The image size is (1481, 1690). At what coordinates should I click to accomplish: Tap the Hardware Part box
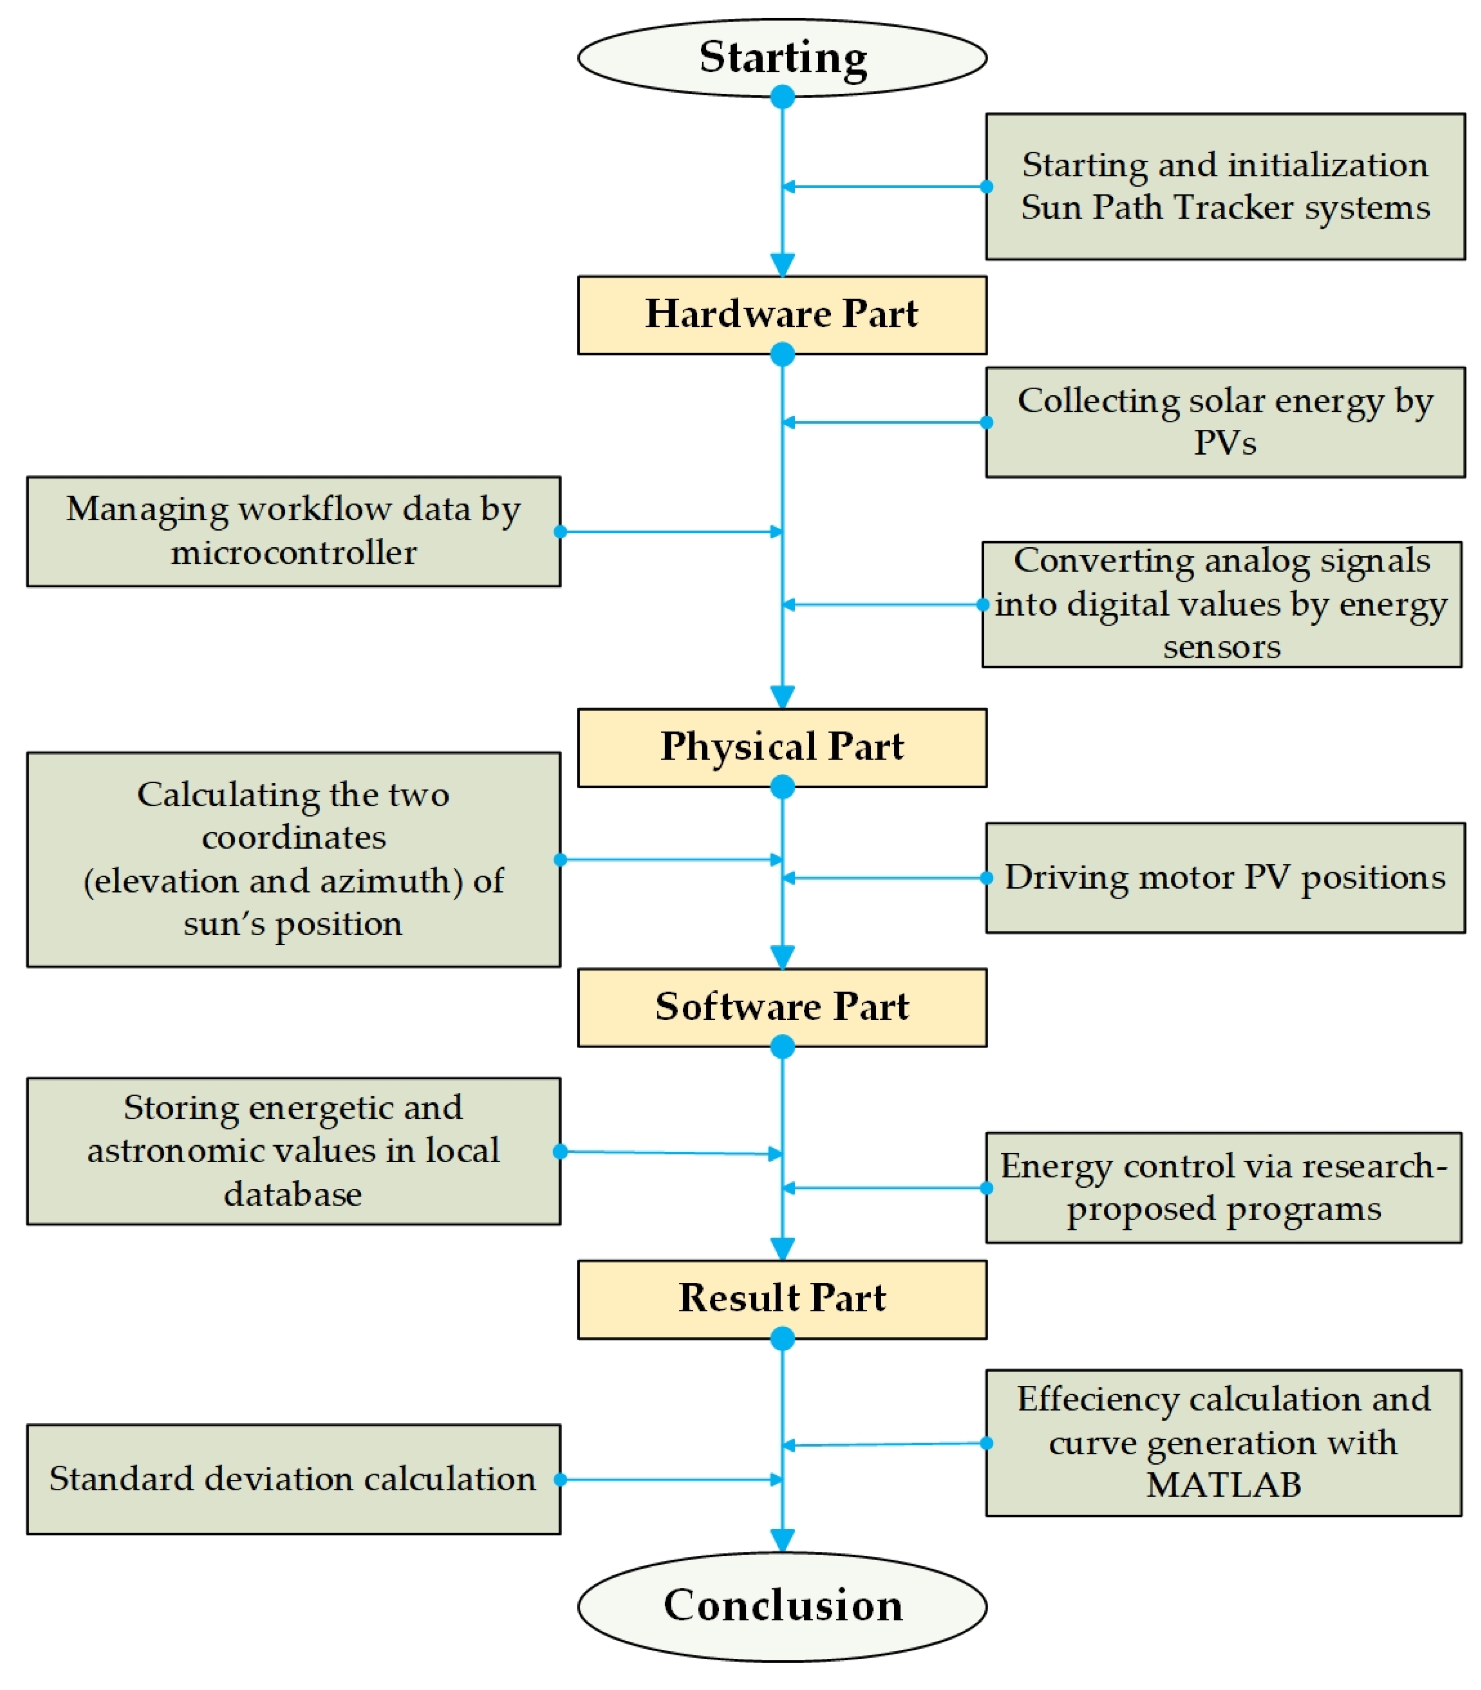click(x=782, y=315)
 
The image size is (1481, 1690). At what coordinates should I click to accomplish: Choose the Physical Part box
click(x=782, y=747)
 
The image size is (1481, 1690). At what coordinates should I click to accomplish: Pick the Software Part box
click(x=782, y=1007)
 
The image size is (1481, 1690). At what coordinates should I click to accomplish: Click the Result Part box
click(x=782, y=1299)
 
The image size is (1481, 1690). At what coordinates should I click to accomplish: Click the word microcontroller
click(x=294, y=552)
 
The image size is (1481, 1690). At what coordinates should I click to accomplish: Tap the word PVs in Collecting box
click(x=1224, y=443)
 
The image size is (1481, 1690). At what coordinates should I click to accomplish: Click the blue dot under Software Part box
click(x=782, y=1047)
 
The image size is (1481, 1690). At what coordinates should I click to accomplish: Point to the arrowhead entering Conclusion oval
click(x=782, y=1539)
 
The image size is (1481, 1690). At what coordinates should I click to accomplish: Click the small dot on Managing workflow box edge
click(x=560, y=532)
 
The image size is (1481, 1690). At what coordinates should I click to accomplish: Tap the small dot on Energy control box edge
click(x=986, y=1188)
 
